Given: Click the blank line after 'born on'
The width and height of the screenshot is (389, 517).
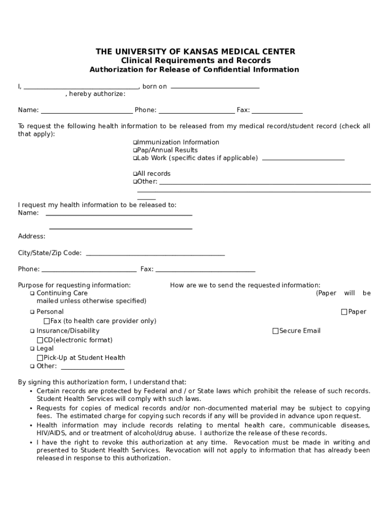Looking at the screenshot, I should (x=215, y=87).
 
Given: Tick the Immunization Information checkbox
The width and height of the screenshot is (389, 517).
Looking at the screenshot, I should (x=135, y=142).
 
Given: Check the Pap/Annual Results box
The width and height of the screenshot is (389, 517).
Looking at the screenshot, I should (x=135, y=150).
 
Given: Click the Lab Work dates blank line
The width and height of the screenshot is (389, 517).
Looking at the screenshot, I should (x=303, y=159).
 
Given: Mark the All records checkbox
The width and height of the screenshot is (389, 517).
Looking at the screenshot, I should (x=135, y=174).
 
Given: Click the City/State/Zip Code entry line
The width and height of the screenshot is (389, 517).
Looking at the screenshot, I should (x=155, y=253).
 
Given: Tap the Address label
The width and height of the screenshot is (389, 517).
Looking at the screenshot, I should (x=32, y=236).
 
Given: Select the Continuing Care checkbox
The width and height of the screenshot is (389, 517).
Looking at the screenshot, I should (x=32, y=293).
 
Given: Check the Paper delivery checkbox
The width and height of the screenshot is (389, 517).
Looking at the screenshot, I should (x=345, y=312).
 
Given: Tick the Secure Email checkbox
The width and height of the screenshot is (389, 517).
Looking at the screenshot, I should (x=275, y=331).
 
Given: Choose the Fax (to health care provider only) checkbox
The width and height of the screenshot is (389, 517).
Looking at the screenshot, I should (x=47, y=321).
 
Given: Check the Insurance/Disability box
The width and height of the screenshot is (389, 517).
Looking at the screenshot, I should (x=32, y=331).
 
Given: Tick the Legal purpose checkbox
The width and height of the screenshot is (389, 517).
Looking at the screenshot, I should (x=32, y=349).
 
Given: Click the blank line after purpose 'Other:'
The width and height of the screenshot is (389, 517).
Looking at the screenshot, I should (x=91, y=367).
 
